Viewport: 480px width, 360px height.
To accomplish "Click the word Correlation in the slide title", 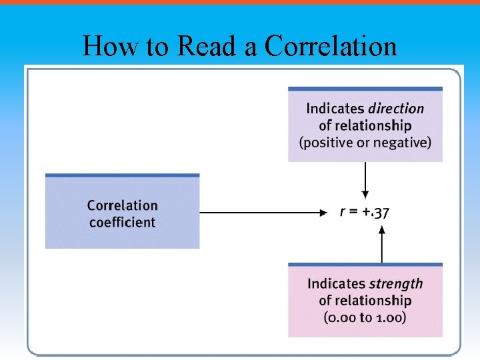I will (x=331, y=47).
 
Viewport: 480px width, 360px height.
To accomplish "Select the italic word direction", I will (x=396, y=108).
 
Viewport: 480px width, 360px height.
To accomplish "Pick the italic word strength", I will (x=396, y=284).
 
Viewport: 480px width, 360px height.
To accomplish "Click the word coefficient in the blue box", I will (x=122, y=222).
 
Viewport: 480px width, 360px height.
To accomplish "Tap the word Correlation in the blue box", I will (x=122, y=205).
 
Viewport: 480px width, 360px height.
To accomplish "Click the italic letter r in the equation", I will (x=342, y=213).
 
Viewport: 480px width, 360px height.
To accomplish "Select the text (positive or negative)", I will (x=365, y=142).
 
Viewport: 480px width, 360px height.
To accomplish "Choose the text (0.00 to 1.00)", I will (x=365, y=317).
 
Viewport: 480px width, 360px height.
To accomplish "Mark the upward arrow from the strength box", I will (x=382, y=244).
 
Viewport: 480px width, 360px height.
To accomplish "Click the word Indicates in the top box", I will (x=335, y=108).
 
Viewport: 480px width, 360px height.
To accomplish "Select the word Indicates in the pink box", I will (x=336, y=284).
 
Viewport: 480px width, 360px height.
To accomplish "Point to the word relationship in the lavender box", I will (x=374, y=125).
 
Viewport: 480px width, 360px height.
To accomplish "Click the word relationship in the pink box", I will (x=374, y=301).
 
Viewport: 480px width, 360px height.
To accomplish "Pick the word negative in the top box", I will (x=405, y=142).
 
